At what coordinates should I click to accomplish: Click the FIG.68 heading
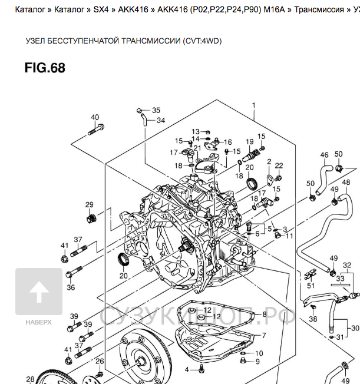[45, 68]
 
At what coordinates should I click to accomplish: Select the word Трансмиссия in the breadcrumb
[319, 11]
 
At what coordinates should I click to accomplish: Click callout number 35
[156, 110]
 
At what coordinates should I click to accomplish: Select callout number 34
[160, 120]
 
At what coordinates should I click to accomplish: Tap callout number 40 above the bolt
[95, 117]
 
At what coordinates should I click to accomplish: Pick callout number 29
[90, 205]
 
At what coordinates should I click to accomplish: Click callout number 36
[71, 287]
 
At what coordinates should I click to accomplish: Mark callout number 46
[324, 155]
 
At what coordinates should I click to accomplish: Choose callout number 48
[346, 183]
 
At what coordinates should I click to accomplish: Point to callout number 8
[265, 315]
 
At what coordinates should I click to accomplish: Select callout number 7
[263, 335]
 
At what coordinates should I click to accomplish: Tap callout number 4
[187, 370]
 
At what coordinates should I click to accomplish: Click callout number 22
[279, 165]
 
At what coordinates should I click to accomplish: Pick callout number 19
[250, 142]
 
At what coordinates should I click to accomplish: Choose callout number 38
[313, 319]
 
